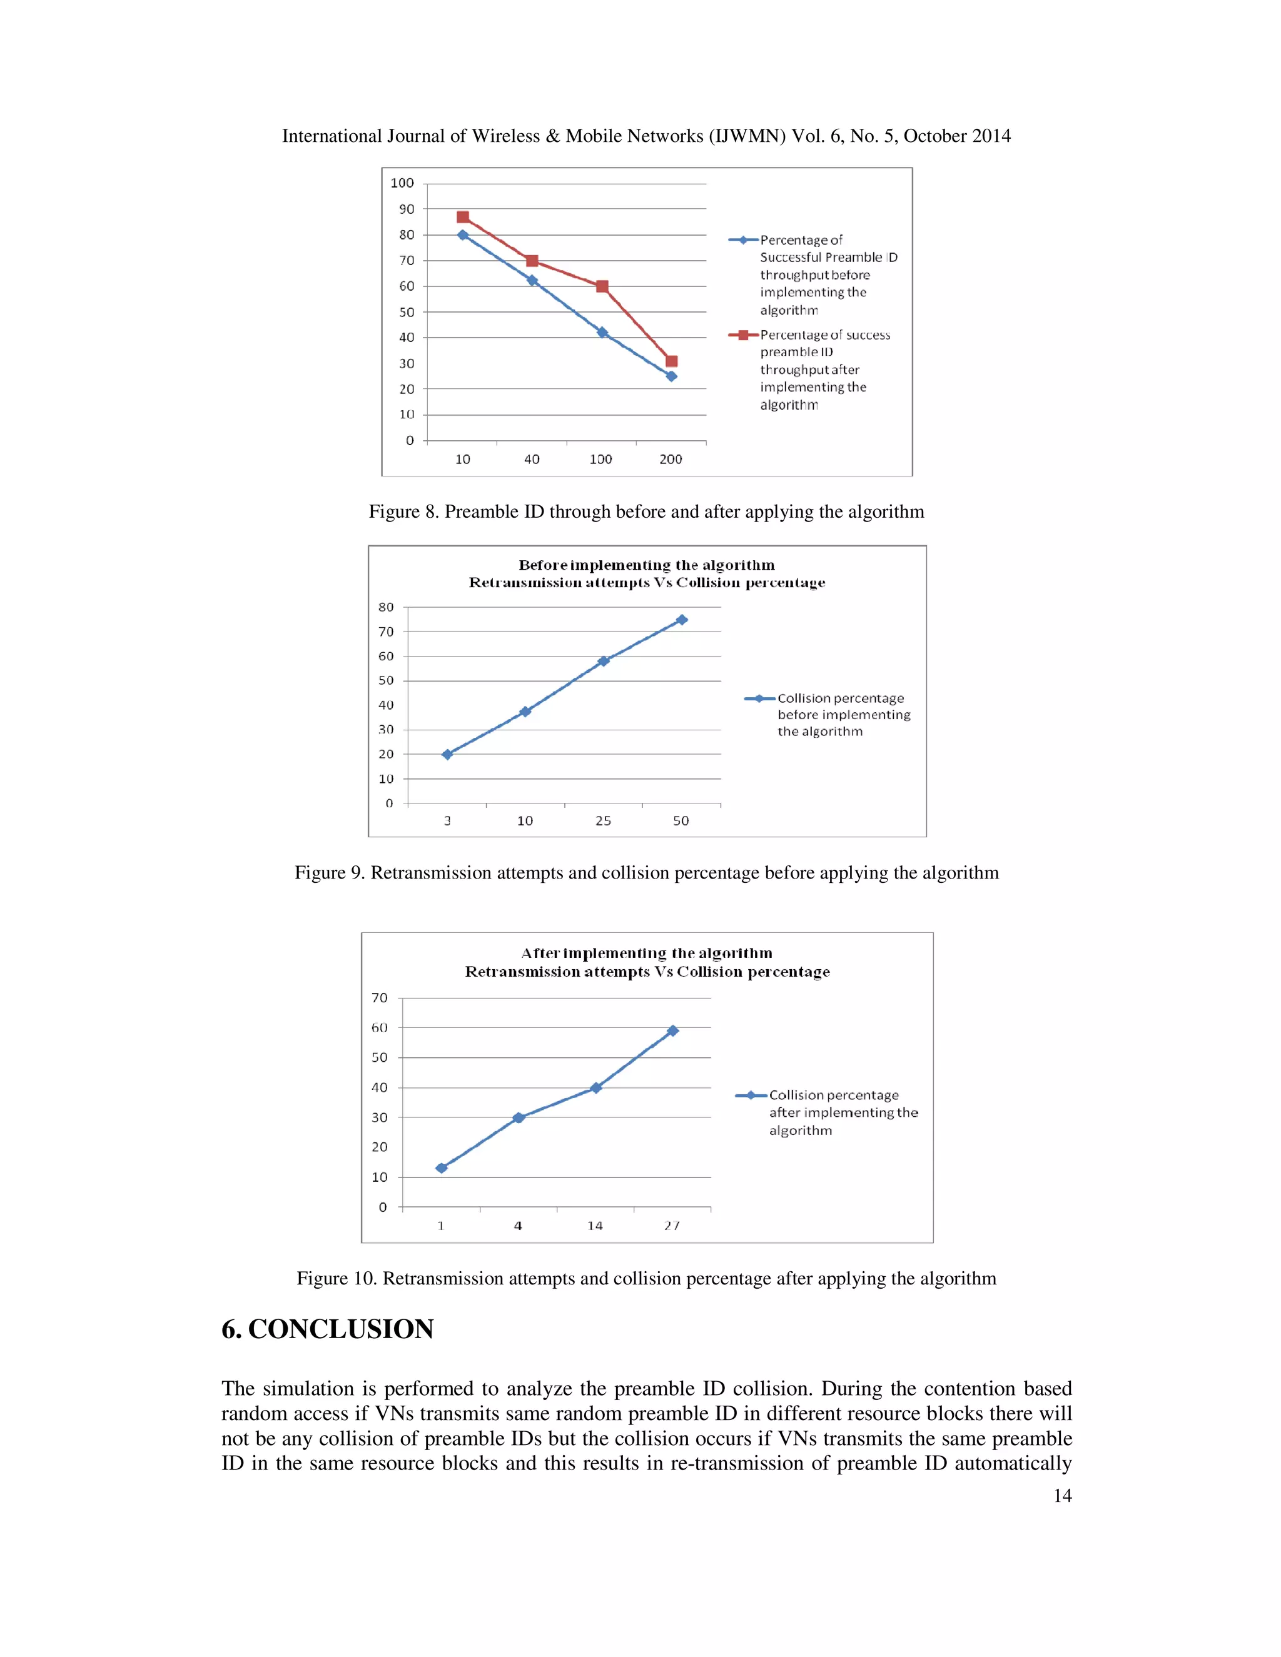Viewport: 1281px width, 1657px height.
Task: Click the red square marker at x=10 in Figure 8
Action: point(463,218)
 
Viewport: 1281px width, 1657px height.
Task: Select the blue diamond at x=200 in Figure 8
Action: point(671,376)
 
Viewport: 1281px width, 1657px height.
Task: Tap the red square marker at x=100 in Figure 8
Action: point(602,286)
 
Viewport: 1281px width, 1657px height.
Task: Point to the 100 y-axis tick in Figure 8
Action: point(402,183)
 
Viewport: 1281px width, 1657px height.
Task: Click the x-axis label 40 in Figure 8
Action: point(532,459)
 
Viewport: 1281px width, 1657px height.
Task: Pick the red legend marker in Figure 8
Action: point(744,335)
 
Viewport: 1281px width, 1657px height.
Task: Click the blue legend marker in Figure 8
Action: point(744,239)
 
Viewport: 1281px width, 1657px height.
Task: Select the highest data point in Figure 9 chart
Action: point(682,620)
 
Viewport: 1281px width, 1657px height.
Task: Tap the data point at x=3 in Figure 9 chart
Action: point(447,754)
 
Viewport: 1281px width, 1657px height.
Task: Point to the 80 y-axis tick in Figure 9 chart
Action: point(387,607)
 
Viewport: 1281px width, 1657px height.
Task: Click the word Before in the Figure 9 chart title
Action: point(542,565)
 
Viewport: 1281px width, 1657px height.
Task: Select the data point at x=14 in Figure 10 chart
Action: point(595,1087)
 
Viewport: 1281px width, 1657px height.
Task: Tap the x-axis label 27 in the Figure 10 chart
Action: point(672,1226)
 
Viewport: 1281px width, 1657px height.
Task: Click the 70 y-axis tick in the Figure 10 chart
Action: point(380,998)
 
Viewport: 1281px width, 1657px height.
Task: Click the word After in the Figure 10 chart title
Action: point(540,953)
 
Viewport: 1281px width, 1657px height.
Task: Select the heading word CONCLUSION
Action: point(341,1329)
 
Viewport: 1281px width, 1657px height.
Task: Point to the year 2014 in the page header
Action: point(990,136)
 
